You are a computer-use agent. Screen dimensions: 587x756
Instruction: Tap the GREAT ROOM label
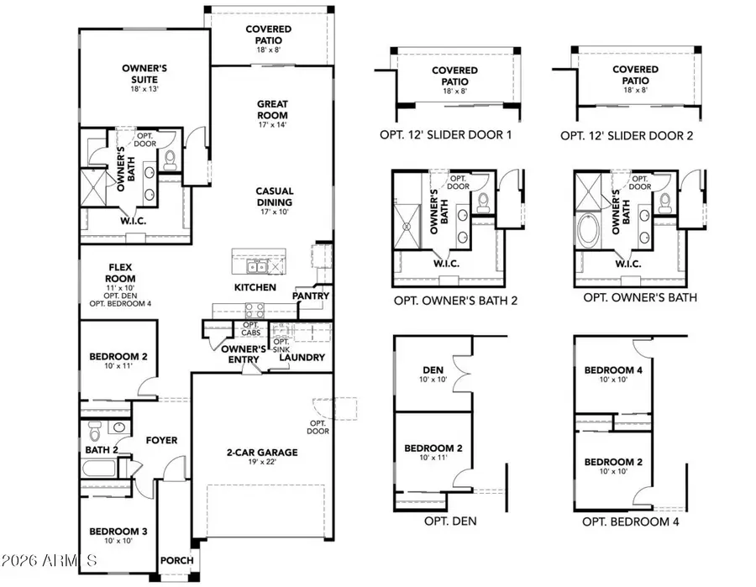click(x=273, y=110)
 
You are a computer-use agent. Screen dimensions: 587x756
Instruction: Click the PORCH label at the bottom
click(x=177, y=561)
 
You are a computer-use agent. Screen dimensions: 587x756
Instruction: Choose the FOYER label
click(x=160, y=439)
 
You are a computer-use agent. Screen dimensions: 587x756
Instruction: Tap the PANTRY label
click(x=311, y=296)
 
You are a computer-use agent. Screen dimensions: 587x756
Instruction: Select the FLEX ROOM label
click(x=119, y=273)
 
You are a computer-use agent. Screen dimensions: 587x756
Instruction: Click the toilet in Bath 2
click(x=94, y=434)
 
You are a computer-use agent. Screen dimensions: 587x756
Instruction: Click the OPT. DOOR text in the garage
click(x=318, y=426)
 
